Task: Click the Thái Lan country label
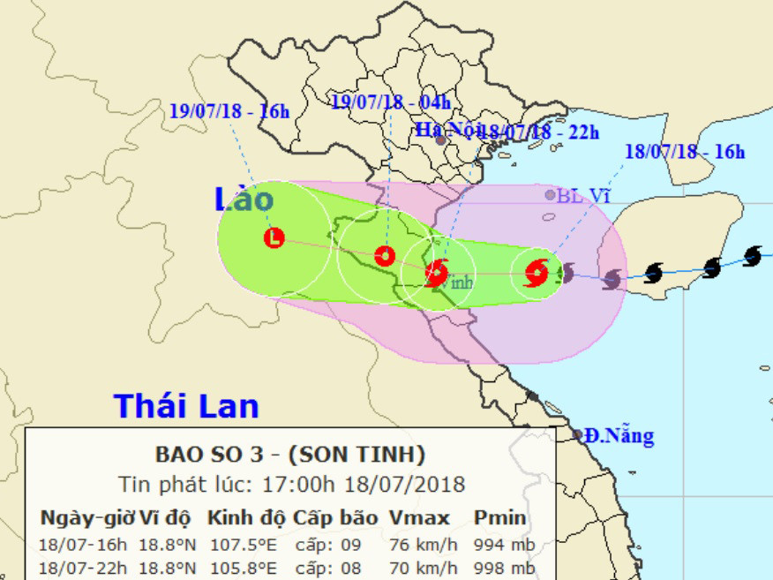[x=186, y=406]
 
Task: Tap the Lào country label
[x=244, y=200]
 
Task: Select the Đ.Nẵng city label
[x=618, y=436]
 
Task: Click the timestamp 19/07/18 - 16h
[x=229, y=110]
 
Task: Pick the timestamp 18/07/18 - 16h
[x=685, y=151]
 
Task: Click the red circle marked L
[x=274, y=237]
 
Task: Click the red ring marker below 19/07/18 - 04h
[x=384, y=256]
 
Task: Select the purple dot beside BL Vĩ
[x=550, y=195]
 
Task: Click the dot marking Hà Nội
[x=440, y=140]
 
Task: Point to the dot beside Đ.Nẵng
[x=577, y=435]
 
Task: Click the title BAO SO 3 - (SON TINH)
[x=290, y=456]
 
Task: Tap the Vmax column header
[x=419, y=517]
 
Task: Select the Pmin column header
[x=499, y=517]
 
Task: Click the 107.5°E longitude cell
[x=244, y=544]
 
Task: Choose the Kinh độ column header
[x=244, y=517]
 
